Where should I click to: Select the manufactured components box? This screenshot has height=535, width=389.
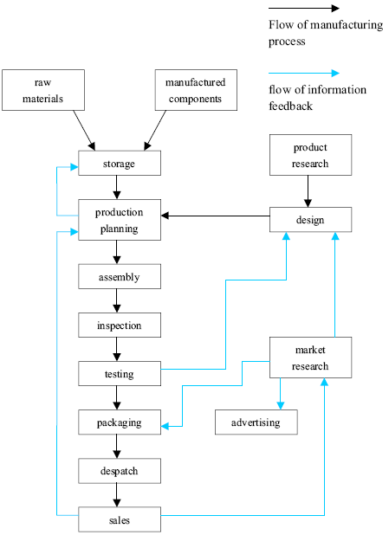tap(195, 90)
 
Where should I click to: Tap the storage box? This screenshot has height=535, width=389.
tap(119, 163)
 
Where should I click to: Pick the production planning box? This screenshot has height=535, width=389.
tap(119, 220)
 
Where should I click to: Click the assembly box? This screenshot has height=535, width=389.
tap(119, 277)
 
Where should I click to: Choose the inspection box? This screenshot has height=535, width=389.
tap(119, 326)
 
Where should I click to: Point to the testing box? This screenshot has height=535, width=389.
tap(119, 374)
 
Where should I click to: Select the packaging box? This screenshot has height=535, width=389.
tap(119, 422)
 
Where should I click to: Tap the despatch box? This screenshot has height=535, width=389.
tap(119, 471)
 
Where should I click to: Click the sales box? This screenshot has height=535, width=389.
tap(119, 519)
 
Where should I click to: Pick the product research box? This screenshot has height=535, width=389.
tap(310, 155)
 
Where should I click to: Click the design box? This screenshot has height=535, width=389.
tap(310, 219)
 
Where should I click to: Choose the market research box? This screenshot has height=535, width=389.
tap(310, 358)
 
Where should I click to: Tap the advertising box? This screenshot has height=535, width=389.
tap(256, 422)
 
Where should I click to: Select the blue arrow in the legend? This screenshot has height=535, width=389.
tap(303, 74)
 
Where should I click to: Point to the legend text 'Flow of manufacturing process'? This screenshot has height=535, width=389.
tap(325, 32)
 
